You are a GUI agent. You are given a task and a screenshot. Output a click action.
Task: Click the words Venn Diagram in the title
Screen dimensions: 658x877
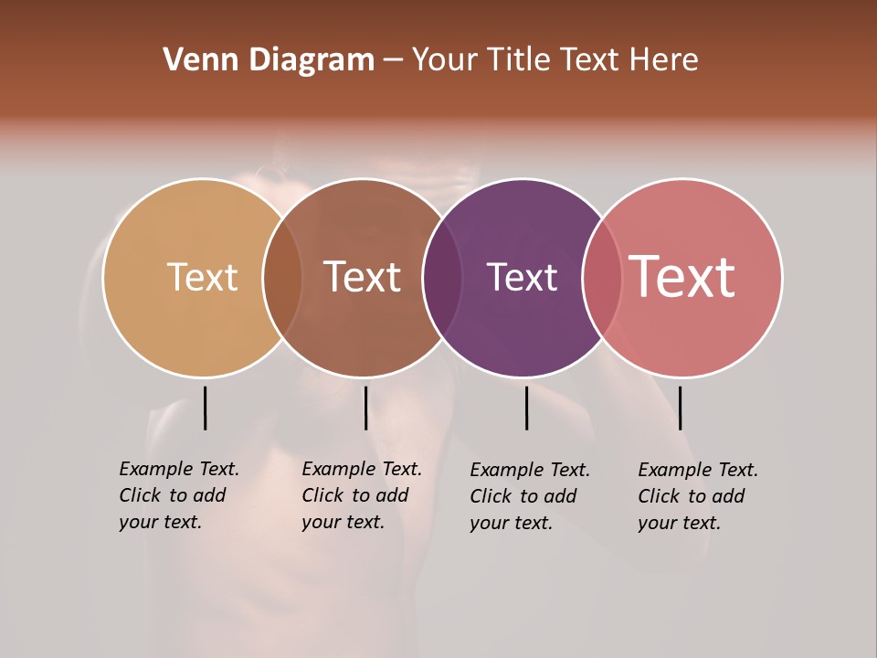pyautogui.click(x=269, y=60)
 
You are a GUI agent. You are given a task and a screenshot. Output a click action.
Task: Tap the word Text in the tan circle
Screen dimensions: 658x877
pyautogui.click(x=202, y=277)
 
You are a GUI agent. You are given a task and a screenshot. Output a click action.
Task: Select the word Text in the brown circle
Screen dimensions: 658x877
pyautogui.click(x=363, y=277)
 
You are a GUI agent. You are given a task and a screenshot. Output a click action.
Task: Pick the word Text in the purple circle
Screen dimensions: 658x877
pyautogui.click(x=522, y=277)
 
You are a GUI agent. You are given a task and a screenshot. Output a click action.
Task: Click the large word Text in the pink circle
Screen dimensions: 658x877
pyautogui.click(x=682, y=277)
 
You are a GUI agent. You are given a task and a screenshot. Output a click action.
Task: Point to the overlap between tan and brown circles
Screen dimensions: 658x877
pyautogui.click(x=282, y=278)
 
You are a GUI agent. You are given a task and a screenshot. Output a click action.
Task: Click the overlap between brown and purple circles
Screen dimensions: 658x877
pyautogui.click(x=442, y=278)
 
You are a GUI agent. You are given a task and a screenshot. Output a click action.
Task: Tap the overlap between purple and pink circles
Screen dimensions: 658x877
pyautogui.click(x=602, y=278)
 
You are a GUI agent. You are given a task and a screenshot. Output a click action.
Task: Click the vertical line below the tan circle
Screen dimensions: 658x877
pyautogui.click(x=205, y=408)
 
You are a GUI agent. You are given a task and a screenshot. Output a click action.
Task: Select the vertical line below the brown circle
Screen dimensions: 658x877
pyautogui.click(x=365, y=408)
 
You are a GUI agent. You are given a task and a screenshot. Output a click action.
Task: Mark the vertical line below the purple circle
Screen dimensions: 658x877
pyautogui.click(x=526, y=408)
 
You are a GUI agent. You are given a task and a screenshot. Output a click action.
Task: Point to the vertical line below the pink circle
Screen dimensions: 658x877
pyautogui.click(x=680, y=408)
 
